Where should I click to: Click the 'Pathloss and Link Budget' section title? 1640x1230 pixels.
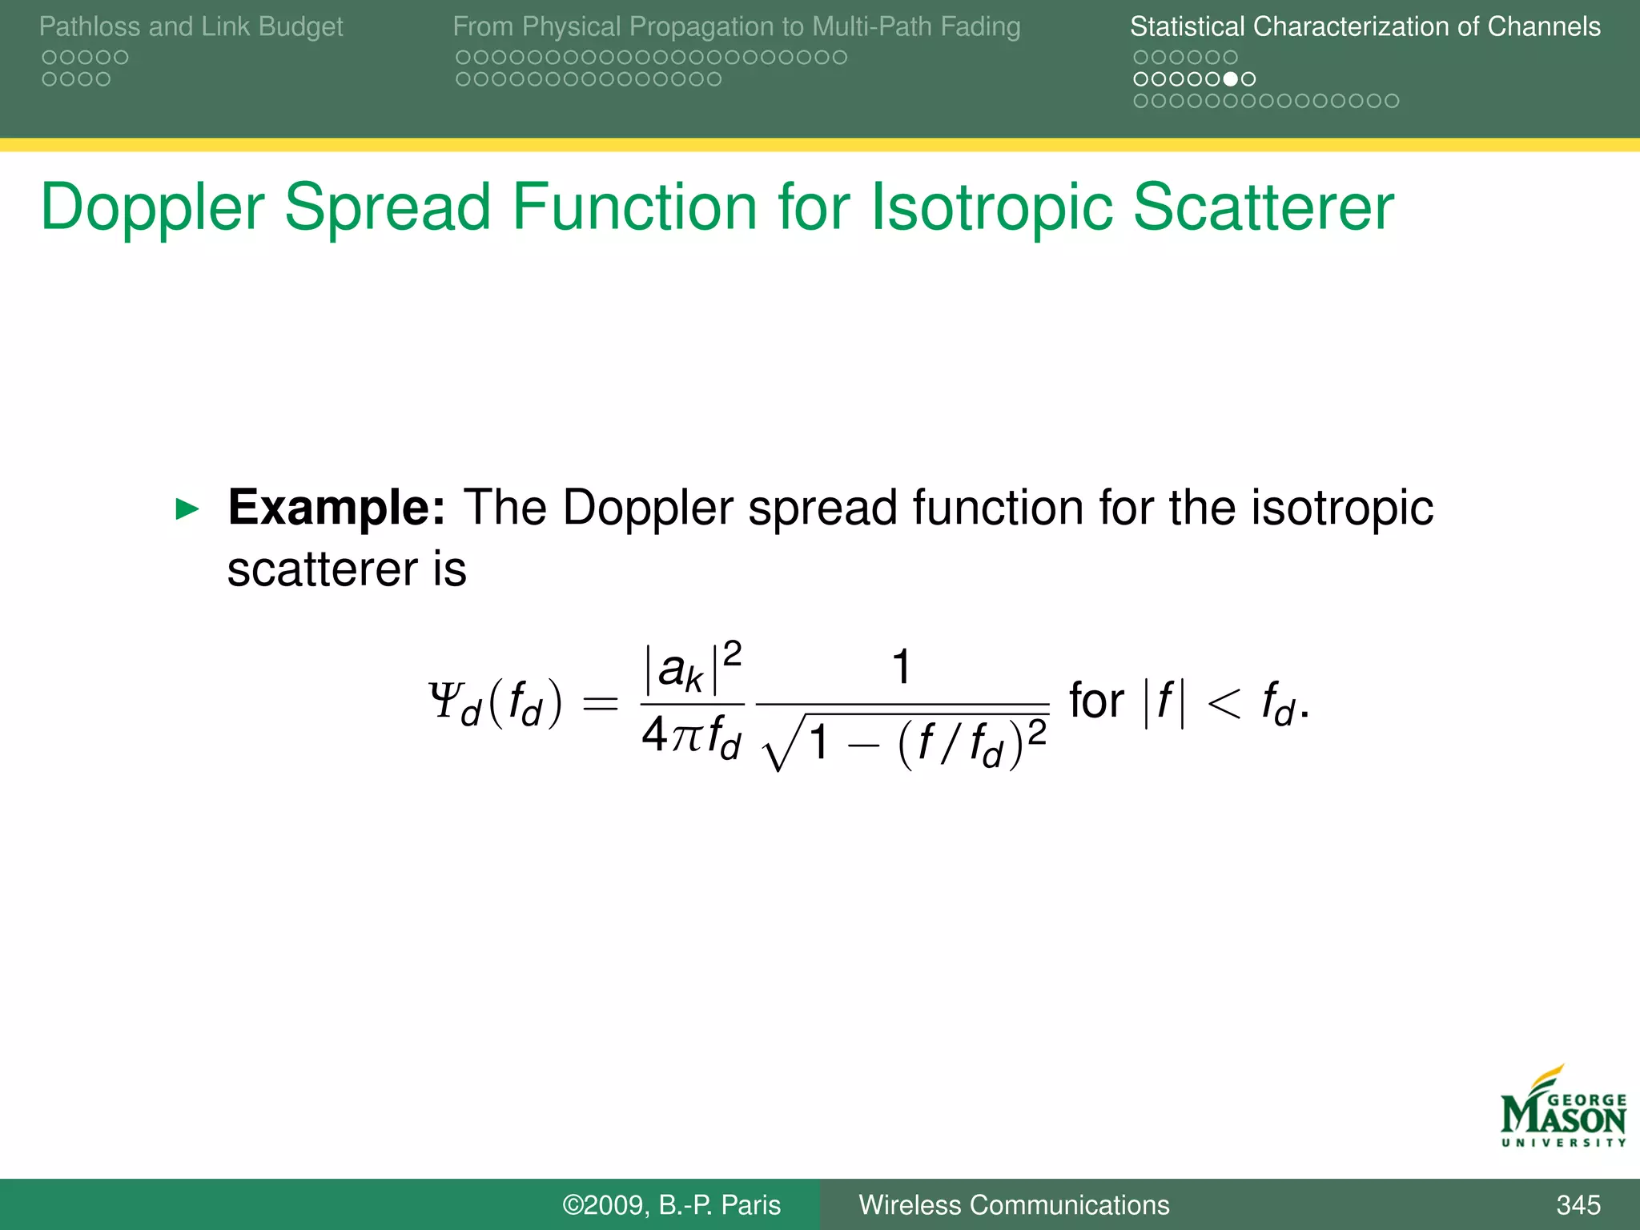[x=191, y=26]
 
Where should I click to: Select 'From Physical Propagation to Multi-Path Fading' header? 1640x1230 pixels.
[x=736, y=26]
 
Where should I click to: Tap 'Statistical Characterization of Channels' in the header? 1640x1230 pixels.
[x=1365, y=26]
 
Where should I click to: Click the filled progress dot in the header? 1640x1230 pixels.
[x=1231, y=78]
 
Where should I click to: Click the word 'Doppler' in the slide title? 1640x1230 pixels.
[x=152, y=208]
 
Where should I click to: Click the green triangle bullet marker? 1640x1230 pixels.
[x=187, y=508]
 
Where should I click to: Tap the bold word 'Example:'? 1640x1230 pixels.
[x=336, y=507]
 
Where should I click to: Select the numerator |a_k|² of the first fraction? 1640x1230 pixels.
[x=692, y=668]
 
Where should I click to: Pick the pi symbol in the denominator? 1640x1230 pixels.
[x=687, y=735]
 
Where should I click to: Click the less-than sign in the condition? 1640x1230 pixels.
[x=1223, y=703]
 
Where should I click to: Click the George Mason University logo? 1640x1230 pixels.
[x=1562, y=1108]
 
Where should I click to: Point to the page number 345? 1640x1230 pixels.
[x=1578, y=1204]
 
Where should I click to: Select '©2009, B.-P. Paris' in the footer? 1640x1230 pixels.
[x=671, y=1204]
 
